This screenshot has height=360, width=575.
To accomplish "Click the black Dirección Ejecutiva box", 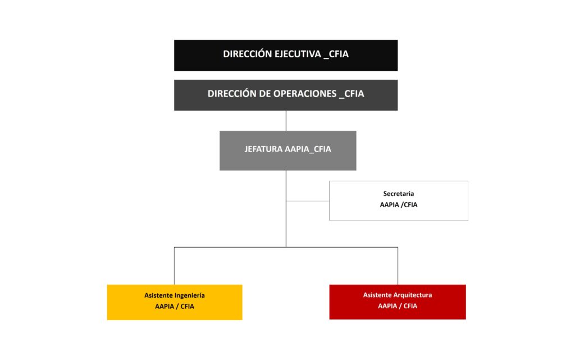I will coord(285,55).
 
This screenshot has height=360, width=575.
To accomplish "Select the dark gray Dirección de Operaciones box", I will coord(285,95).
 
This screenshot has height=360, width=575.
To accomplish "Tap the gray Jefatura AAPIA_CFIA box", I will coord(287,151).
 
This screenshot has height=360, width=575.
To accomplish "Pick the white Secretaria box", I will coord(398,200).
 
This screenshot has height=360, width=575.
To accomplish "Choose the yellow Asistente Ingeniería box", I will coord(174,302).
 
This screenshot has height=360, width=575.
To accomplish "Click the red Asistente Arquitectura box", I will coord(397,302).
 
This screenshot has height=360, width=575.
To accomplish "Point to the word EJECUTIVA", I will coord(297,54).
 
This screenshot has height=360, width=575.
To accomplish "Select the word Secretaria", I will coord(398,194).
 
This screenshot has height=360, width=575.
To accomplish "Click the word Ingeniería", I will coord(190,295).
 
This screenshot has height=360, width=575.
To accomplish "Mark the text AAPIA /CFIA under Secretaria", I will coord(398,205).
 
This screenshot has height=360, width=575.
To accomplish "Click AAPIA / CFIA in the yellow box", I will coord(175,307).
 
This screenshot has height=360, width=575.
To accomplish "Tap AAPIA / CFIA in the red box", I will coord(398,307).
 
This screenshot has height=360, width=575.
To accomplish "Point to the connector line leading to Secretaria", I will coord(307,200).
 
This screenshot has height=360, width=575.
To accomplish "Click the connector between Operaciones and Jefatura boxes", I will coord(286,121).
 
